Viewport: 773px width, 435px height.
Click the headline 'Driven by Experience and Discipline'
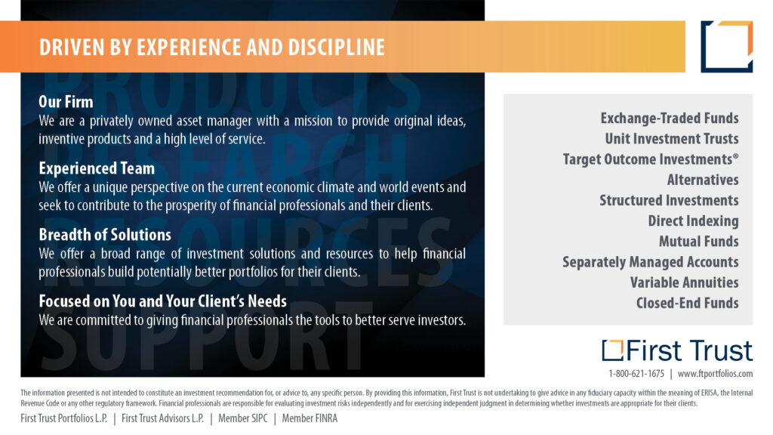click(x=212, y=48)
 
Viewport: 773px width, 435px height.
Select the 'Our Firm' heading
click(x=66, y=102)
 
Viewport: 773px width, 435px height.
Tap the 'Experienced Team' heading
click(x=97, y=168)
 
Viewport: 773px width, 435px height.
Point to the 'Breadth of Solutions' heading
click(x=105, y=235)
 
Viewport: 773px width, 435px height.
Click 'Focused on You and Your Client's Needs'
click(x=163, y=301)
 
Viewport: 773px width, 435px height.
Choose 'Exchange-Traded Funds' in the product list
click(x=670, y=119)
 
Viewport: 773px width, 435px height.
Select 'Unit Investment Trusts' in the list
click(x=672, y=139)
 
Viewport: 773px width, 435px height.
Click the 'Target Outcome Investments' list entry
click(x=651, y=159)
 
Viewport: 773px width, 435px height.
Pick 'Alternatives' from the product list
click(x=703, y=180)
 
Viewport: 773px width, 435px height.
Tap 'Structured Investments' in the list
click(x=669, y=200)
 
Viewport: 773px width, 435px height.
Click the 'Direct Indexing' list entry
click(x=693, y=221)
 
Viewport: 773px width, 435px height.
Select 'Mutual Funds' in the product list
click(x=699, y=241)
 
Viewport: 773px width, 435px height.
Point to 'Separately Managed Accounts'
click(x=651, y=262)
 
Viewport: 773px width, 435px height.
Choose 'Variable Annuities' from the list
click(x=684, y=282)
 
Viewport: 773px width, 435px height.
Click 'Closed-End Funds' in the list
click(x=687, y=303)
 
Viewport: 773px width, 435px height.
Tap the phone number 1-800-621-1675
click(x=636, y=374)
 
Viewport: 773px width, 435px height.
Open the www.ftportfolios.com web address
click(x=716, y=374)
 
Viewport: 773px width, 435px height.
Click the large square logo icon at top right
click(x=727, y=47)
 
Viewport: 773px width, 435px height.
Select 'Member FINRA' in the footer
click(x=310, y=418)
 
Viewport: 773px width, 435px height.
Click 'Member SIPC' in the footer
click(x=243, y=418)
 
